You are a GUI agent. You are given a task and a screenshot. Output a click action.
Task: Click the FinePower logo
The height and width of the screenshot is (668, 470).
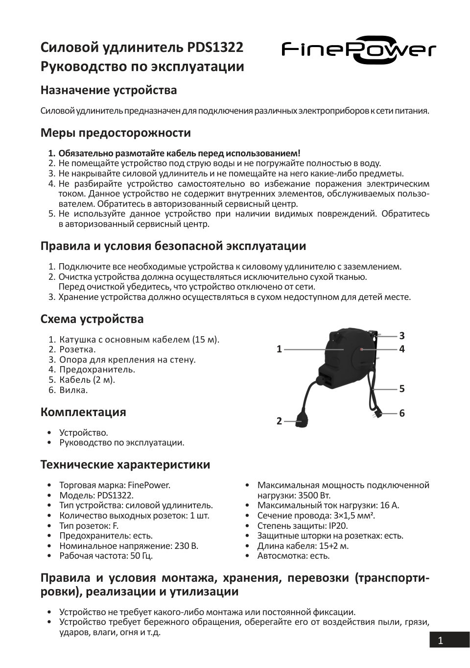point(358,50)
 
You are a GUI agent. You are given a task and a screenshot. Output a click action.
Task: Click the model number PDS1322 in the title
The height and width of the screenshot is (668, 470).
point(215,47)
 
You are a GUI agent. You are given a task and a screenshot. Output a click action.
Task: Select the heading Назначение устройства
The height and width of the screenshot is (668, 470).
point(108,90)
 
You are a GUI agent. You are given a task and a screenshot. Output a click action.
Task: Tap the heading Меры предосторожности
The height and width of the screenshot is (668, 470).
point(116,133)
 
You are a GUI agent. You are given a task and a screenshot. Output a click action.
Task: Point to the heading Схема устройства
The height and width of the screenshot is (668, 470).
point(92,319)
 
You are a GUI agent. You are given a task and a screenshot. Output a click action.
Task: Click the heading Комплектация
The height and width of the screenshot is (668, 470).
point(83,412)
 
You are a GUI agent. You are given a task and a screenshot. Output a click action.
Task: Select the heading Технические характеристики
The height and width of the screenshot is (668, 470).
point(125,464)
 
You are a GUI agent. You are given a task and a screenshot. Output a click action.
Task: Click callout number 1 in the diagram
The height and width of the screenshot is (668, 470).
point(279,349)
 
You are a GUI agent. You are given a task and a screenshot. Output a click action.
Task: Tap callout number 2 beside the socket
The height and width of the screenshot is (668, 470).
point(279,421)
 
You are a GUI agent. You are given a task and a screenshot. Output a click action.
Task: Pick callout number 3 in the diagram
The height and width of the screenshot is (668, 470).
point(402,336)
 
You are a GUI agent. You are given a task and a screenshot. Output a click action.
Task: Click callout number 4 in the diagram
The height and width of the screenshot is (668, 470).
point(402,349)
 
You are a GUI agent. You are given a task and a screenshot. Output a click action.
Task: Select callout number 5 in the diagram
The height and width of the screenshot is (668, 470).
point(402,389)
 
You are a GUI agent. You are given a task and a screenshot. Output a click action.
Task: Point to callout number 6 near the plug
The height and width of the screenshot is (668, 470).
point(402,413)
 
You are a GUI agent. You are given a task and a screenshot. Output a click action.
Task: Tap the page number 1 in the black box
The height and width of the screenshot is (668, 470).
point(440,640)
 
